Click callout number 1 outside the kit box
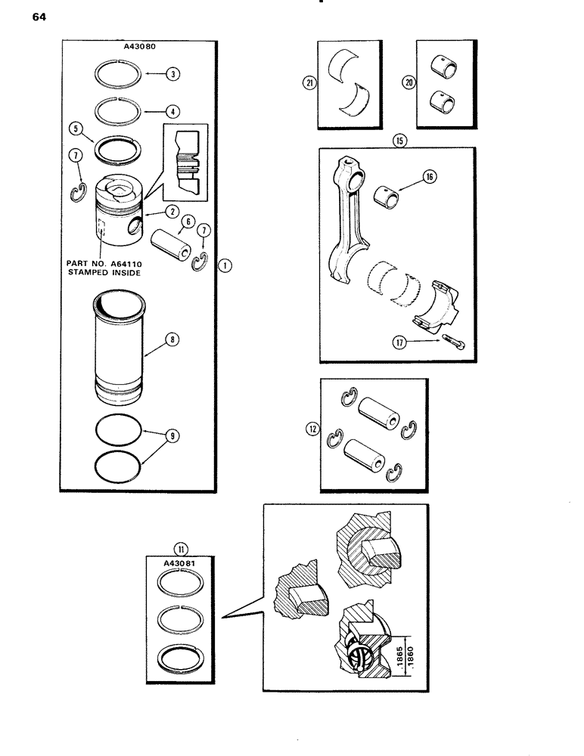pos(225,265)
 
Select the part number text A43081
pos(181,562)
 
